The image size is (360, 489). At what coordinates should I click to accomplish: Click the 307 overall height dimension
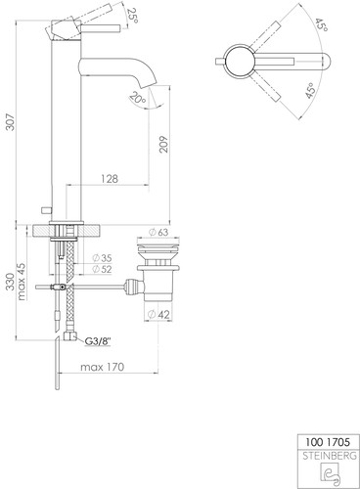coord(11,121)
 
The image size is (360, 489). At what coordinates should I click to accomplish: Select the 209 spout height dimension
coord(163,144)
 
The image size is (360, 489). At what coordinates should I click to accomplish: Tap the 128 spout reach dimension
coord(110,178)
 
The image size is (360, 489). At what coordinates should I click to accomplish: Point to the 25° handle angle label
coord(133,15)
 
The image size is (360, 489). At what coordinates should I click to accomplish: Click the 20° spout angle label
coord(138,98)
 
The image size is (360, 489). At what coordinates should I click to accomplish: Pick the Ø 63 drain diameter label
coord(158,232)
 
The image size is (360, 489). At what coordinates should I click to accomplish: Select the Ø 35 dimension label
coord(102,258)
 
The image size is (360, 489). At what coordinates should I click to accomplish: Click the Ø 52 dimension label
coord(102,269)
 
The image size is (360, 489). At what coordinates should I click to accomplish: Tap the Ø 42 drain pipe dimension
coord(158,315)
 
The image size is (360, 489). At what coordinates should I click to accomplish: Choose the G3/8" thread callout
coord(98,341)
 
